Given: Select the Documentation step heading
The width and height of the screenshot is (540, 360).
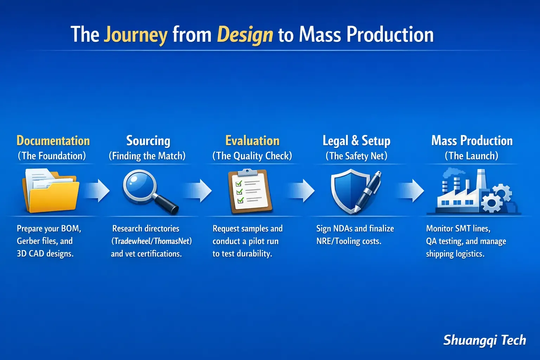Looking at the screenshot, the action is click(x=53, y=141).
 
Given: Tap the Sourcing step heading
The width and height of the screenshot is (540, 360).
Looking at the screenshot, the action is click(x=148, y=141).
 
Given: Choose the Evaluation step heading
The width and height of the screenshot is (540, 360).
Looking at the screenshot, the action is click(x=252, y=141).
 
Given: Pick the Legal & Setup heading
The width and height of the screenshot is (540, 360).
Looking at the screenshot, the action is click(x=356, y=141).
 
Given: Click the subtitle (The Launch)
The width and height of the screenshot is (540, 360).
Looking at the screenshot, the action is click(x=471, y=156).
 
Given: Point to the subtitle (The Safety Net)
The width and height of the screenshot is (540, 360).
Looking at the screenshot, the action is click(x=356, y=156).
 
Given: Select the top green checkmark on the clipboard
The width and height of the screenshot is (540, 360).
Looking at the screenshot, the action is click(x=239, y=184).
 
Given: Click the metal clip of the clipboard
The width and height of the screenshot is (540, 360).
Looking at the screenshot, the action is click(x=247, y=172).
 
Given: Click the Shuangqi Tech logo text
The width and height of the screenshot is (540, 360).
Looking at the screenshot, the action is click(x=484, y=340).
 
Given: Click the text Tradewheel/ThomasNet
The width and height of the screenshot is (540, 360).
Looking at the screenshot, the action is click(x=152, y=241).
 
